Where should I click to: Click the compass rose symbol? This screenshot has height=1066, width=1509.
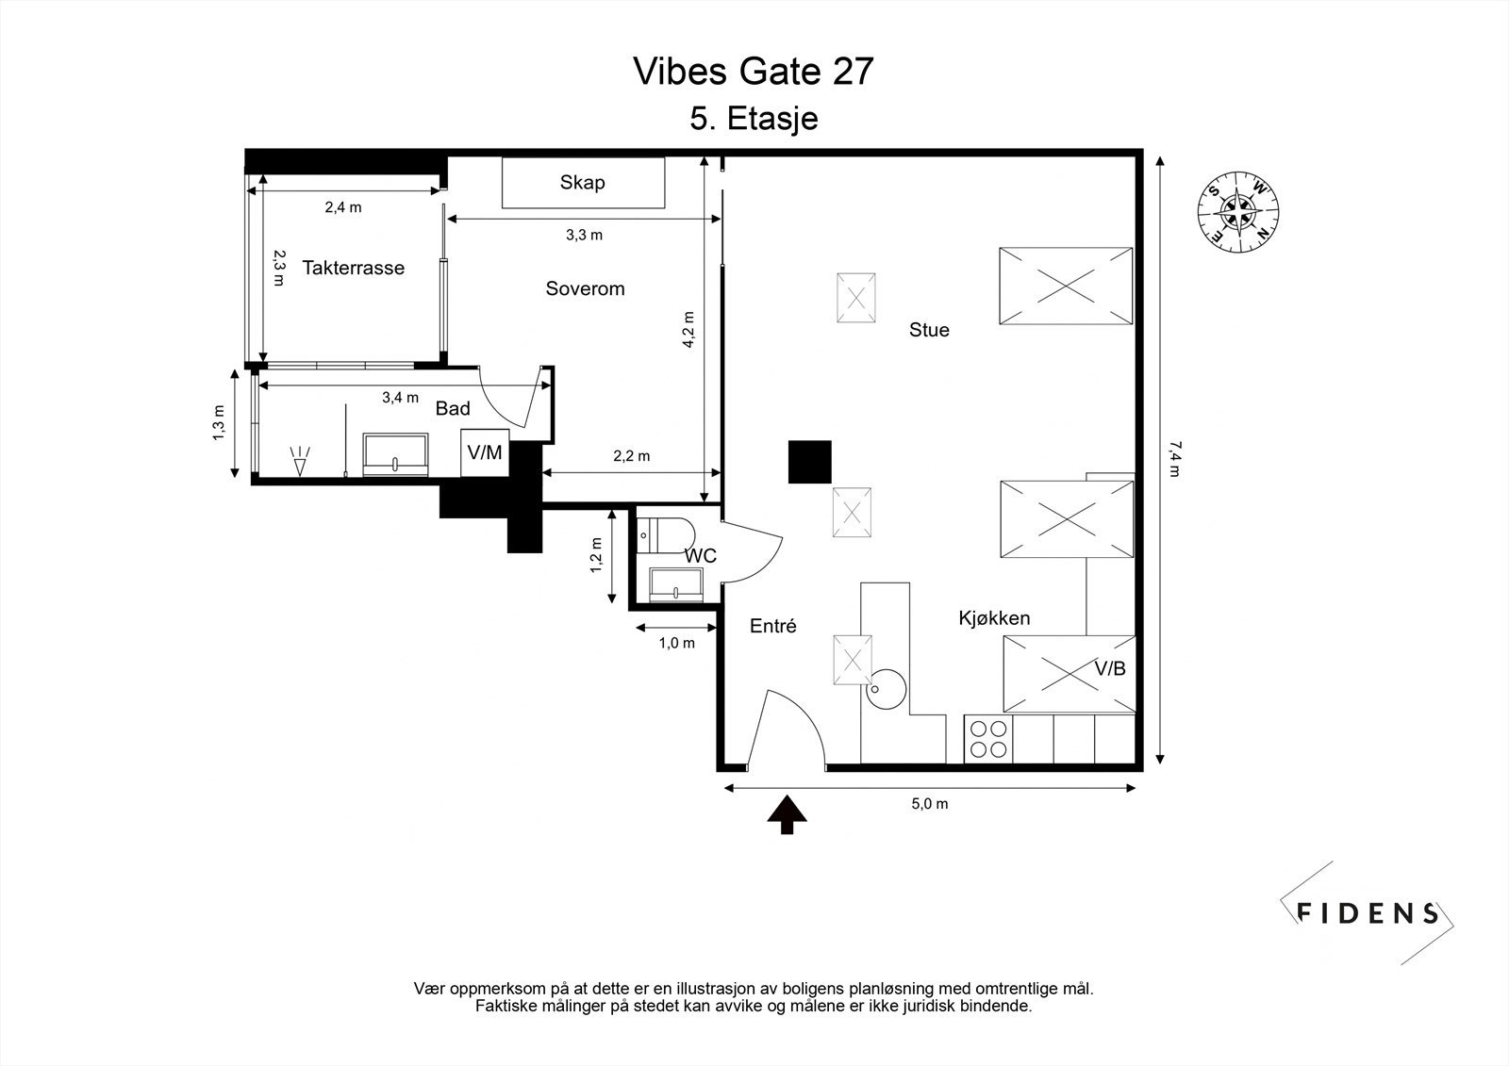click(x=1238, y=212)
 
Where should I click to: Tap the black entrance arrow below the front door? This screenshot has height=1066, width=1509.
click(x=787, y=814)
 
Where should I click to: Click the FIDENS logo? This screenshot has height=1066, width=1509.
click(x=1367, y=913)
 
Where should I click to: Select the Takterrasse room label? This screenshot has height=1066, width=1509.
click(x=353, y=268)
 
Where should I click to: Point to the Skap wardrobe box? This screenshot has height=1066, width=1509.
click(x=584, y=183)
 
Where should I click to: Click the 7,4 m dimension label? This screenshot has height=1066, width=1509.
click(x=1175, y=459)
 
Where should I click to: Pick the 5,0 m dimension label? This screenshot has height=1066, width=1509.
click(x=930, y=803)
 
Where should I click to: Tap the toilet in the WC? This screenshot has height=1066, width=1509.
click(x=666, y=535)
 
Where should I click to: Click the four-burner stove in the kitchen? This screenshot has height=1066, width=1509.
click(x=988, y=739)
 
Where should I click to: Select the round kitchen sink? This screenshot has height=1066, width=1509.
click(x=887, y=689)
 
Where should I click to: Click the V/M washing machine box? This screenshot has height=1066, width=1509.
click(x=485, y=452)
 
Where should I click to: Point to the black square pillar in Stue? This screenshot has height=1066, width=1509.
click(x=810, y=462)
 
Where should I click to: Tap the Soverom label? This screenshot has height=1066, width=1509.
click(x=585, y=288)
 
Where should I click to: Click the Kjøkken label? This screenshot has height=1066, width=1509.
click(x=994, y=618)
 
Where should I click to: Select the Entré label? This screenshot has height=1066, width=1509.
click(x=772, y=626)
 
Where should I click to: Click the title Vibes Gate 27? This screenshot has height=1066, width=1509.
click(x=754, y=72)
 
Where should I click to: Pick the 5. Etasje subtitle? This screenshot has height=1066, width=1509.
click(x=754, y=119)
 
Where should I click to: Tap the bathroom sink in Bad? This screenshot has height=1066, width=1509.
click(x=395, y=454)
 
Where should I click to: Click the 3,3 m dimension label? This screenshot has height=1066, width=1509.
click(x=584, y=235)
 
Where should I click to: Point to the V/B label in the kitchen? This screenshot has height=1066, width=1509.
click(x=1109, y=668)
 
